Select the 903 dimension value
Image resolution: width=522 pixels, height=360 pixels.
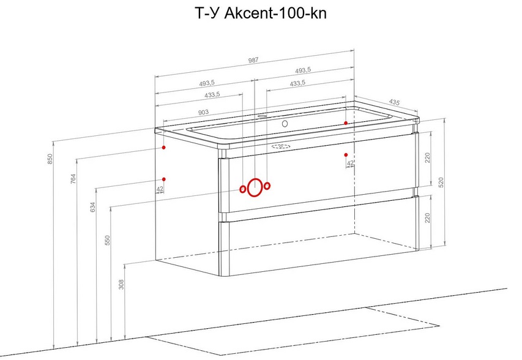click(x=204, y=112)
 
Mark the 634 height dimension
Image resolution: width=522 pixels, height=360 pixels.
click(x=92, y=207)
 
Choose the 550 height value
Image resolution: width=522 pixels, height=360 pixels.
click(x=107, y=240)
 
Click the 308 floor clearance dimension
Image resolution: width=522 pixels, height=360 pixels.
click(x=121, y=284)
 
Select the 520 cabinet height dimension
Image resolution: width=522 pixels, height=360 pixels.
click(x=441, y=183)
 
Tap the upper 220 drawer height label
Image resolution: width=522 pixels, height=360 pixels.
click(x=428, y=158)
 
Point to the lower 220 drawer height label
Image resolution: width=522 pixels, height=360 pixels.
click(x=428, y=218)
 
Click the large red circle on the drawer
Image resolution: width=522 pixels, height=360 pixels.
click(x=255, y=188)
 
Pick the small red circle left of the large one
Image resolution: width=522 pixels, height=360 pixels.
click(x=243, y=189)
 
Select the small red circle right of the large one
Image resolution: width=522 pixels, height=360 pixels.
click(x=267, y=186)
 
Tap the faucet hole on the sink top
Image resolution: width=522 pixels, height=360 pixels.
click(x=284, y=123)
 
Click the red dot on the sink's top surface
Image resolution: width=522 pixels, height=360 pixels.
click(x=346, y=123)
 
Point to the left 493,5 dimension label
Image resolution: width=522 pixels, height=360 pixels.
click(x=206, y=83)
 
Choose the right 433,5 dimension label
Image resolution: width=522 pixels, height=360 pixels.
click(x=297, y=83)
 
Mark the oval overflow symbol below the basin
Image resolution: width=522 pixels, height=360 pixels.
click(x=280, y=147)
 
